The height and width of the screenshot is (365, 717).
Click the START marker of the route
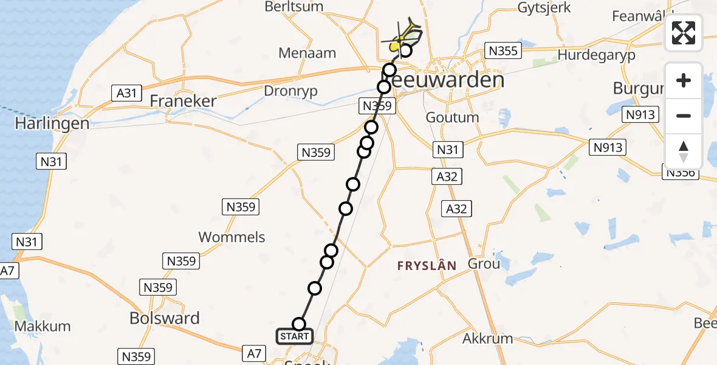pos(295,336)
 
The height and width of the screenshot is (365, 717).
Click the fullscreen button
pos(684,33)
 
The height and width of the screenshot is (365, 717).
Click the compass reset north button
pos(684,151)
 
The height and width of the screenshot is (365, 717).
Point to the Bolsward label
pos(164,318)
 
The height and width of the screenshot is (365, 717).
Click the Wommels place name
pos(232,237)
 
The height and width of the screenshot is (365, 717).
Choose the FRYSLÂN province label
pos(427,265)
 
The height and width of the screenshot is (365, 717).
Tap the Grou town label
pos(484,263)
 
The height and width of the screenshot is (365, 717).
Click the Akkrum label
pos(487,338)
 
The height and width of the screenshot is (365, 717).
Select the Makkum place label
pos(43,326)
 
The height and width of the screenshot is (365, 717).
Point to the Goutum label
pos(452,117)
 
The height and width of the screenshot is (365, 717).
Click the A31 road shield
pos(126,93)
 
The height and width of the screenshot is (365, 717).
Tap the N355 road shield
pos(503,50)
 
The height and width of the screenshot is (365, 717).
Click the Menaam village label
pos(307,53)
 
